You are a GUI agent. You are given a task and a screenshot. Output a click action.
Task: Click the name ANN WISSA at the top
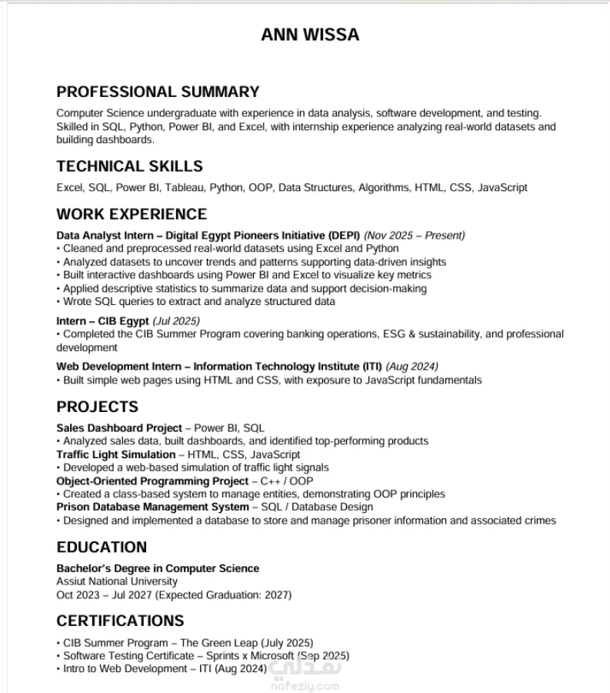310,35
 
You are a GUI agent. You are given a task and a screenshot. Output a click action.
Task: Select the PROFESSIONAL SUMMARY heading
158,92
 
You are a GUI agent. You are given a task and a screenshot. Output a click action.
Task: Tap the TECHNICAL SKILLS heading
129,166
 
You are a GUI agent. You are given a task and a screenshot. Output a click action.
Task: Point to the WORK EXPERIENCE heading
132,214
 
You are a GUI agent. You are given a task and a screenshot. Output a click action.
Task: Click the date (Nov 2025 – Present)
415,235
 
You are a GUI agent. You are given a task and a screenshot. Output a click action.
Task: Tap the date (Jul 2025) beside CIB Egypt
176,320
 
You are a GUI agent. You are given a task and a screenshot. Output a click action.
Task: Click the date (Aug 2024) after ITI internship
412,366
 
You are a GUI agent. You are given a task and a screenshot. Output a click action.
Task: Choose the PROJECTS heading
97,407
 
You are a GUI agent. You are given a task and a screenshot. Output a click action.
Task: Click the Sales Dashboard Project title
119,427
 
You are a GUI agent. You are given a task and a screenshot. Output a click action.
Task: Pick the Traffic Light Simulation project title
116,454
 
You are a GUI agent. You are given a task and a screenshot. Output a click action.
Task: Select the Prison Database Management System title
152,507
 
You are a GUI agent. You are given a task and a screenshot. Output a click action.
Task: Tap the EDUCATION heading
102,547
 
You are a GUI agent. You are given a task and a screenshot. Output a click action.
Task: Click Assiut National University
117,581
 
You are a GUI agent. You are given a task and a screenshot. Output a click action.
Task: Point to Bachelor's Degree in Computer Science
158,568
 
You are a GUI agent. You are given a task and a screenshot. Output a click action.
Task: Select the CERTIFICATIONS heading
120,621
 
